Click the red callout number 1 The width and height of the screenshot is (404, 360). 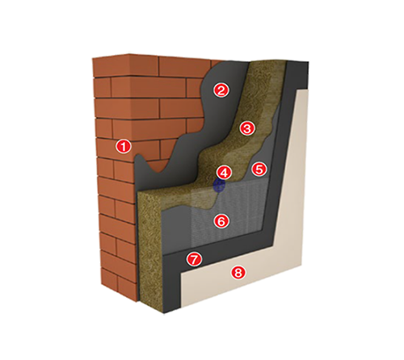(124, 147)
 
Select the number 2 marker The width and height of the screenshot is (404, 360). (221, 90)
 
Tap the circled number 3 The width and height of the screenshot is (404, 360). (246, 128)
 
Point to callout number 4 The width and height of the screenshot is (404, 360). (225, 173)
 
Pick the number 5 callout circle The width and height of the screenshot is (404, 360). (259, 170)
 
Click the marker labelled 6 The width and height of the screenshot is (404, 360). (221, 221)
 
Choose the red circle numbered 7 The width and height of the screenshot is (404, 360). (194, 259)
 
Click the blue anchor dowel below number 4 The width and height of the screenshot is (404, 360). (219, 186)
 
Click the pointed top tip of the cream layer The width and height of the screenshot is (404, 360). (308, 89)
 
